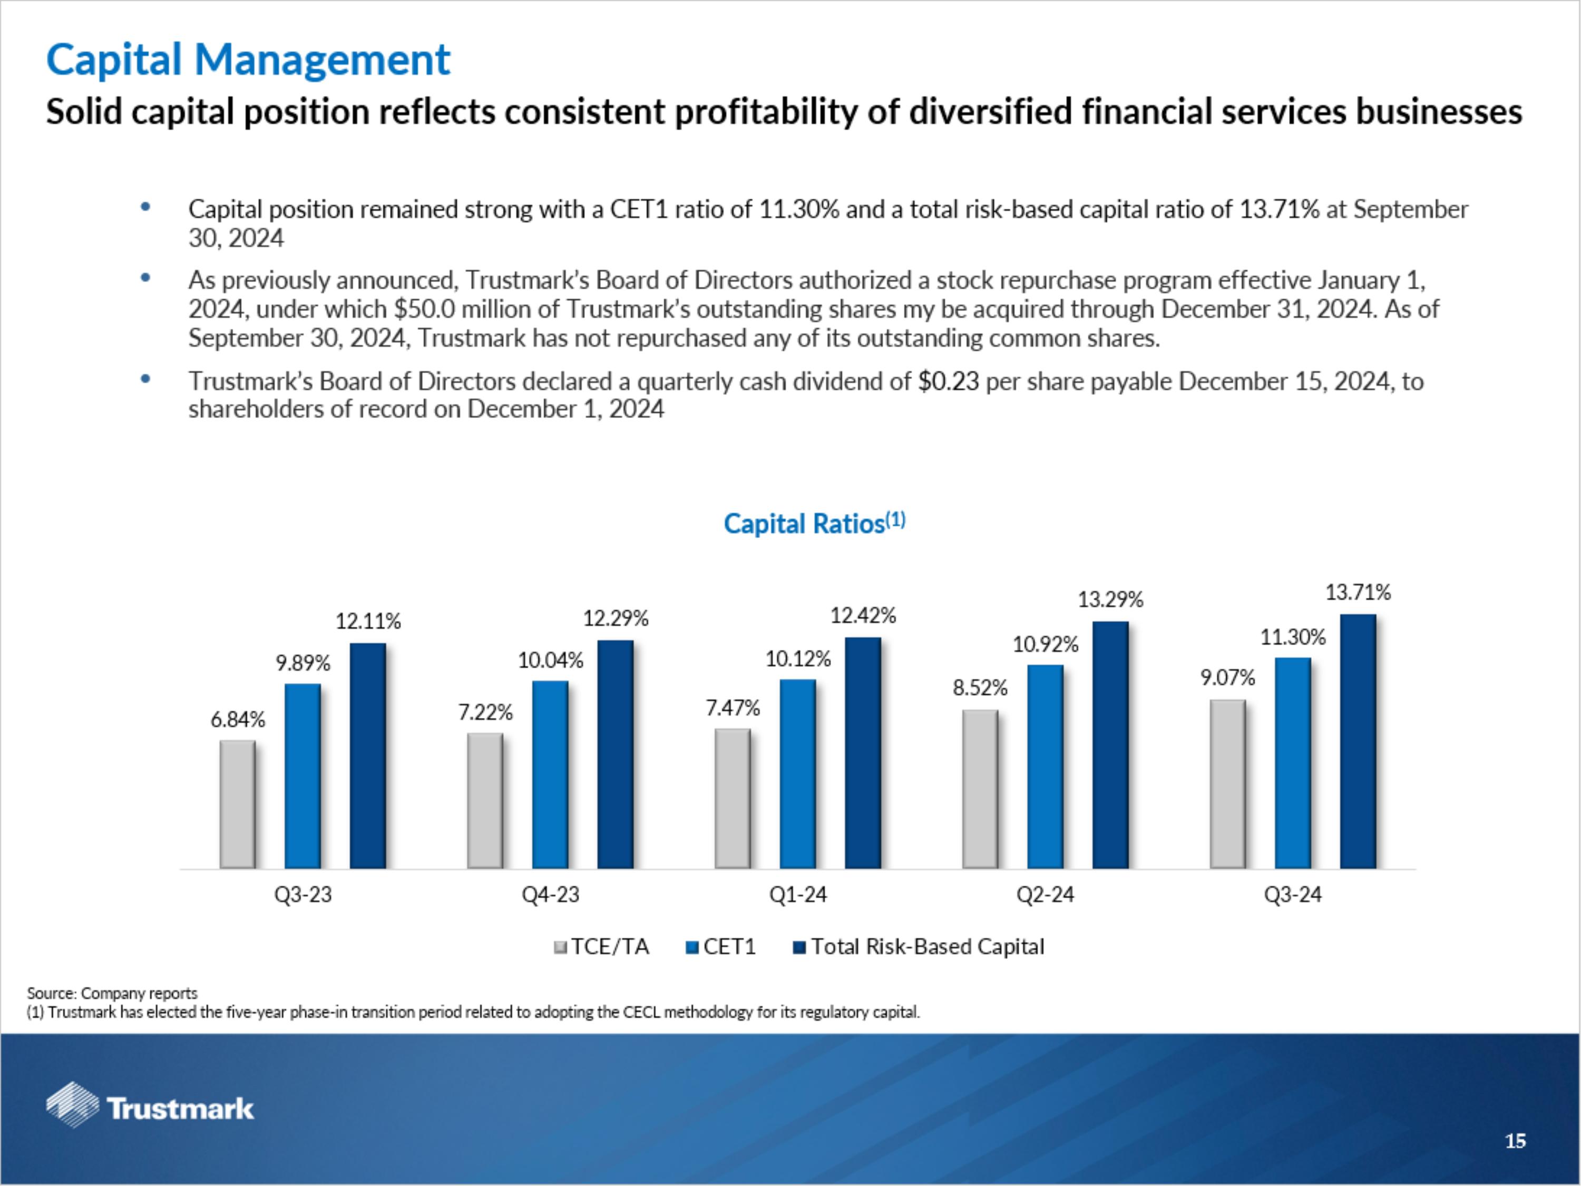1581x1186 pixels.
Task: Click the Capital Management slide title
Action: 248,60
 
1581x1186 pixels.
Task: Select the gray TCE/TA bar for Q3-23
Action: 237,804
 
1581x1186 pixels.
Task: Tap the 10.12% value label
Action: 798,659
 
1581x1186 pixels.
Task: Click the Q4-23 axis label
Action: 550,895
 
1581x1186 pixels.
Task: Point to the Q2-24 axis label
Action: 1045,895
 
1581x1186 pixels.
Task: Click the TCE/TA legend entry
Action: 602,947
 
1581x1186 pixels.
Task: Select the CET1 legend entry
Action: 720,947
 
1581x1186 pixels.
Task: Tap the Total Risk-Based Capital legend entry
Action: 919,947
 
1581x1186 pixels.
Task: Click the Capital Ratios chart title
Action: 814,523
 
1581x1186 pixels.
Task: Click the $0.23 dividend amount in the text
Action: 949,382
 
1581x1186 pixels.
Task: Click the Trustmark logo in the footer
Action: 150,1108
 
